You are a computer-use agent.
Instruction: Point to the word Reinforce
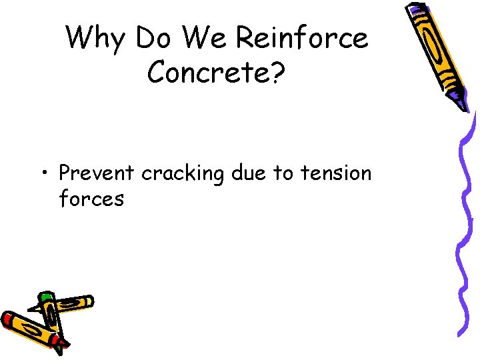pyautogui.click(x=301, y=39)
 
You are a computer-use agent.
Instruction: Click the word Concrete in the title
pyautogui.click(x=205, y=73)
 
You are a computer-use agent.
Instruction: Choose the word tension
pyautogui.click(x=336, y=173)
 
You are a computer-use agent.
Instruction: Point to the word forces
pyautogui.click(x=91, y=199)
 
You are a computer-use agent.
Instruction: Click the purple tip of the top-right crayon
pyautogui.click(x=459, y=102)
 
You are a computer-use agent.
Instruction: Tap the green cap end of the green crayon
pyautogui.click(x=45, y=296)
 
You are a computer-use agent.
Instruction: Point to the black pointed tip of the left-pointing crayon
pyautogui.click(x=31, y=309)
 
